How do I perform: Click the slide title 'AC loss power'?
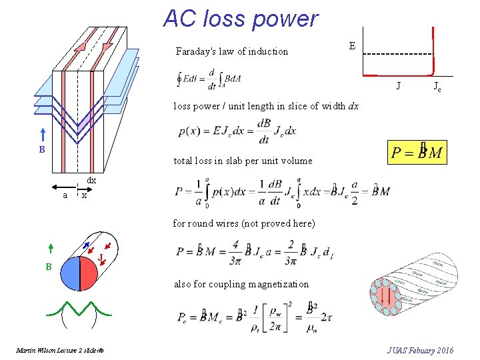(241, 18)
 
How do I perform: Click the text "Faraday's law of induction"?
(231, 51)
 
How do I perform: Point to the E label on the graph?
(352, 46)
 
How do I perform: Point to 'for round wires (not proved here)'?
(243, 223)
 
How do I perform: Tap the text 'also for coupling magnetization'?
(241, 284)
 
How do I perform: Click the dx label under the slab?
(92, 181)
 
